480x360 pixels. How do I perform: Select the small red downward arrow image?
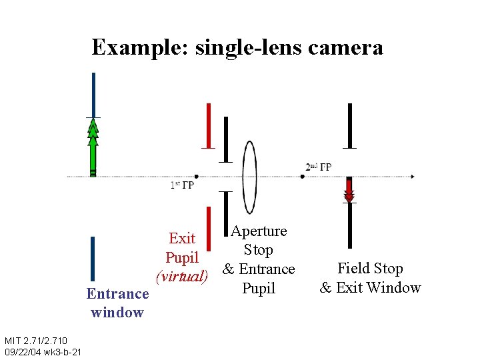[349, 189]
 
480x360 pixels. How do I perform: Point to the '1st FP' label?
[181, 185]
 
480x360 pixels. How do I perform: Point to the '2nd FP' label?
[319, 167]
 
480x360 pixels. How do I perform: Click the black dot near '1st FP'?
[196, 177]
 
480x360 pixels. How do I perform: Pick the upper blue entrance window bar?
[93, 95]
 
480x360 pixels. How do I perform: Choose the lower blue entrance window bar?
[93, 259]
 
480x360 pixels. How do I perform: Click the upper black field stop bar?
[349, 125]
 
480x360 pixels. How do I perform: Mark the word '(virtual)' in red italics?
[181, 275]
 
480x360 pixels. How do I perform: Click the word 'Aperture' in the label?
[259, 231]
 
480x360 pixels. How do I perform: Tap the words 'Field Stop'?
[370, 269]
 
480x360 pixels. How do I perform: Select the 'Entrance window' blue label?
[117, 303]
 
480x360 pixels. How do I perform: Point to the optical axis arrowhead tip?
[413, 177]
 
